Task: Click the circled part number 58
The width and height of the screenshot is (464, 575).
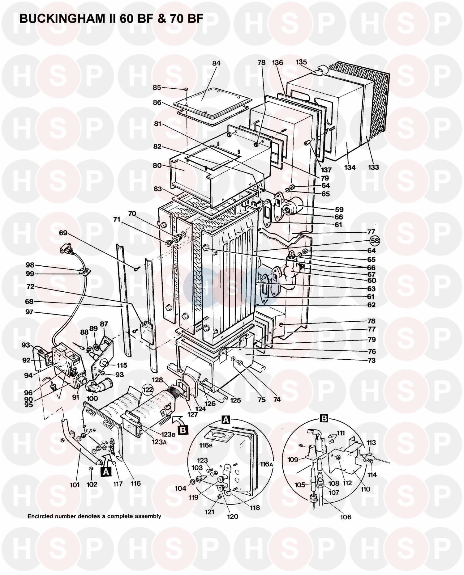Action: coord(375,240)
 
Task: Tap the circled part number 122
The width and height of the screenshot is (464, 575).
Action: coord(148,390)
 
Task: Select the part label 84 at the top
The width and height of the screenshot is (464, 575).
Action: coord(216,63)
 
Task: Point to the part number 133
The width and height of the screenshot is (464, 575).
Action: coord(373,167)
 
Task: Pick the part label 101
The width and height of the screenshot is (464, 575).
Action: coord(75,485)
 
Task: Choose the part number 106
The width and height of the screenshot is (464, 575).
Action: coord(346,517)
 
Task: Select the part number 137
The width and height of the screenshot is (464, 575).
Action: coord(326,170)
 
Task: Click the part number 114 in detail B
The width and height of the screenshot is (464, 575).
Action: coord(372,475)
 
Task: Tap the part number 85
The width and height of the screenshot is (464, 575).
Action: coord(157,88)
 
